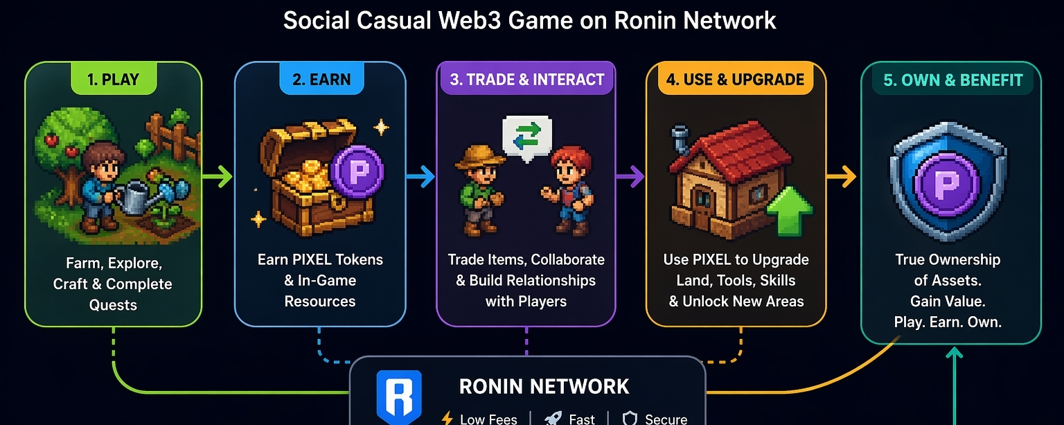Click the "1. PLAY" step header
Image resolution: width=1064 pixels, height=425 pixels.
(114, 79)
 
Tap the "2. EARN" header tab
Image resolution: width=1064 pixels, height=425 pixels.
(321, 79)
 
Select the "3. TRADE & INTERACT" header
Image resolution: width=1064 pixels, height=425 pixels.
(526, 79)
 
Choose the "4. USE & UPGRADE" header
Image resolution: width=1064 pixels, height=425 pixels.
(735, 79)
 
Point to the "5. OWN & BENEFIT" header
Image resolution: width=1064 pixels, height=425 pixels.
(952, 80)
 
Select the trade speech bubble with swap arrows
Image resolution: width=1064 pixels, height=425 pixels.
(526, 136)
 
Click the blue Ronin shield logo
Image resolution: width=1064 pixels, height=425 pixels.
(398, 397)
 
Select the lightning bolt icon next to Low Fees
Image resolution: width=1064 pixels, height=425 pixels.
(447, 417)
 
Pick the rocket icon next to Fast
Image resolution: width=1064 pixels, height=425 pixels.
(553, 417)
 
